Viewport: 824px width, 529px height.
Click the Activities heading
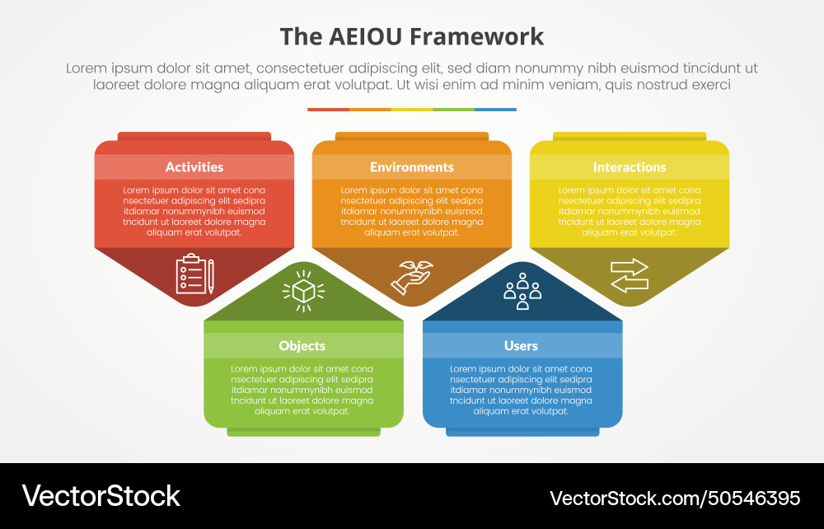[x=194, y=167]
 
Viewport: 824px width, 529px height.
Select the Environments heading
[x=411, y=167]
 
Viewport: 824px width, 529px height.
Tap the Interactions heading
[x=629, y=167]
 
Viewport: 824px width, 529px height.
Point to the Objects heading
[x=302, y=345]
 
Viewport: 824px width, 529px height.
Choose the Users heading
[x=521, y=345]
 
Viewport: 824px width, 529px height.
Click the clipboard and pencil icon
[x=195, y=274]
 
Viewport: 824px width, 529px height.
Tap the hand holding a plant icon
[x=412, y=277]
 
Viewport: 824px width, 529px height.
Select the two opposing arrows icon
[x=629, y=275]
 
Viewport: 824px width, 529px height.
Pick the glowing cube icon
[x=304, y=291]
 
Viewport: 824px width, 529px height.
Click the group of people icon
[x=522, y=291]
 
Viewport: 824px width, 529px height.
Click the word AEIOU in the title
[x=365, y=37]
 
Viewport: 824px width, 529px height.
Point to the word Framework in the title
[x=476, y=37]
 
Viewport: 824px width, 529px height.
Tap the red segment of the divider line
[x=329, y=110]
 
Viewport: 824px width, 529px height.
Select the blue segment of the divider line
[x=495, y=110]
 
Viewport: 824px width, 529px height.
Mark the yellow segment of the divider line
[x=412, y=110]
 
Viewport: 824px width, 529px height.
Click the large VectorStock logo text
[x=101, y=496]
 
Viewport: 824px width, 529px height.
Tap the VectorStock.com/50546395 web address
[x=676, y=498]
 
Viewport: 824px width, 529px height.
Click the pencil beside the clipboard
[x=211, y=276]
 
